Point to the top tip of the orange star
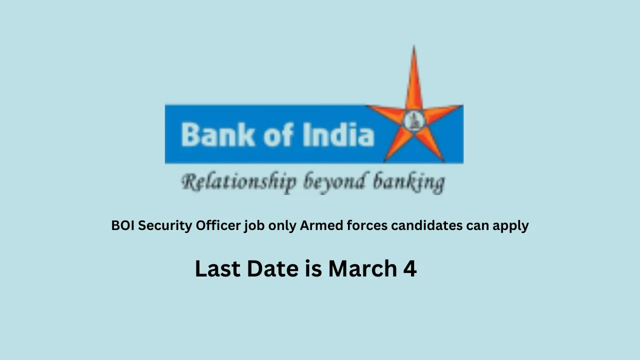413,47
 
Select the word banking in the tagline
408,182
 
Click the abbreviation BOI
123,225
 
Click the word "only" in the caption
282,226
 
